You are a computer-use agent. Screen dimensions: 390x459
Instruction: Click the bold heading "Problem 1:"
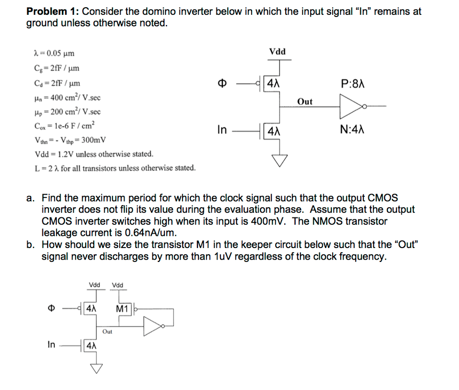click(53, 12)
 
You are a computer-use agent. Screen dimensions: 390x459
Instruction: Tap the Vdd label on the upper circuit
click(277, 51)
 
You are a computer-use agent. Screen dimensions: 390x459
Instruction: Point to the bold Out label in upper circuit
click(305, 102)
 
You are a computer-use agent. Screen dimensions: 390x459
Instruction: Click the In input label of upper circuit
click(222, 130)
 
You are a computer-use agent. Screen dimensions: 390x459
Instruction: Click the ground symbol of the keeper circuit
click(95, 368)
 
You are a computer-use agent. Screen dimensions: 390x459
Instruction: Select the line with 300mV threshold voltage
click(70, 140)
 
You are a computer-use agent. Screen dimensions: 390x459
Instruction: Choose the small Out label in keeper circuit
click(107, 332)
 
